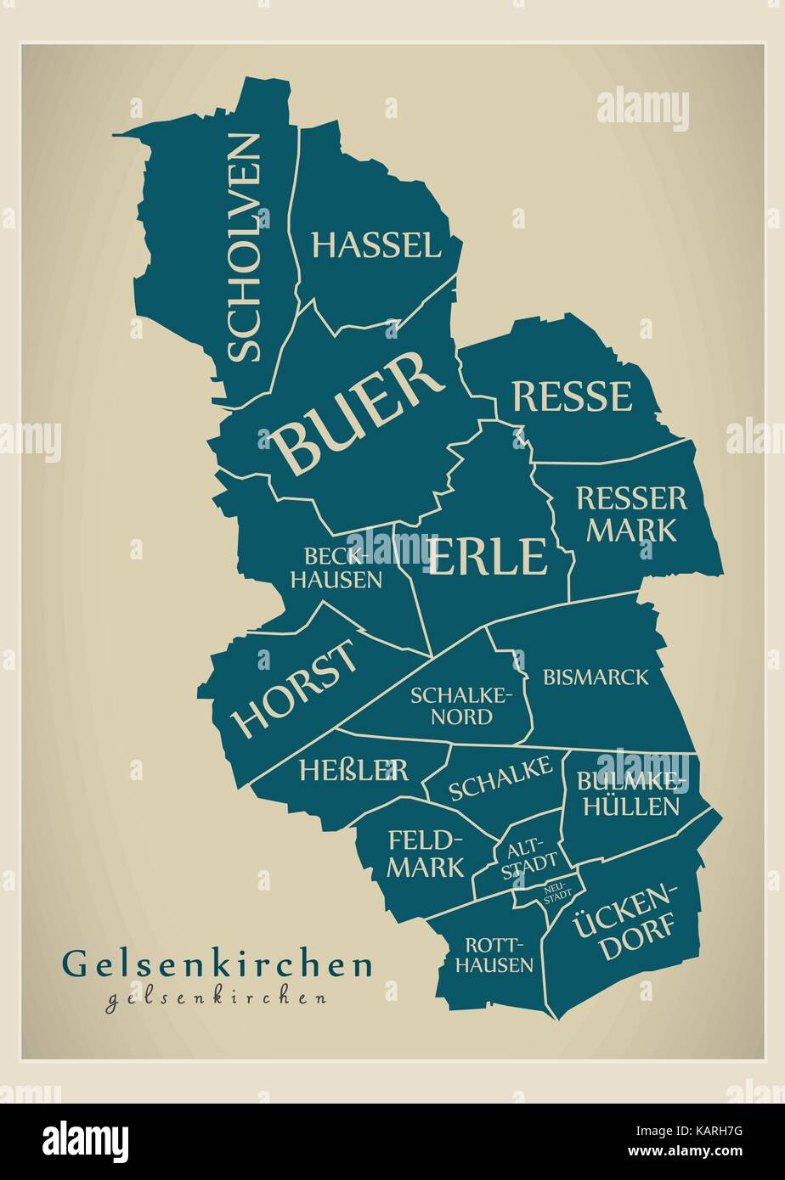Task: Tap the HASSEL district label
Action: [376, 245]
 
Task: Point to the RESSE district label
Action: [573, 396]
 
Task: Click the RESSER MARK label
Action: [631, 514]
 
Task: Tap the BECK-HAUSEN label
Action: [343, 568]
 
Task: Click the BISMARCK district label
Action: [595, 677]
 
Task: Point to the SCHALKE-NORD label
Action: [462, 705]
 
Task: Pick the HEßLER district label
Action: [353, 770]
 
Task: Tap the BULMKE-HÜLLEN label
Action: [628, 793]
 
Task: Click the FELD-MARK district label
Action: [426, 853]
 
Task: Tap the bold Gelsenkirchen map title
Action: [217, 964]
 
